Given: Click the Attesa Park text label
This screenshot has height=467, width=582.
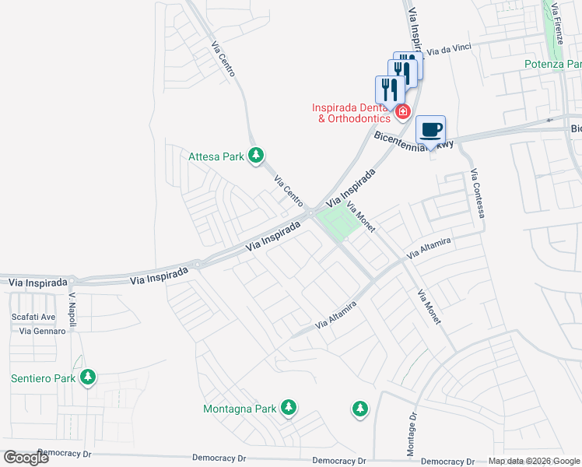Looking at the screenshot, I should [216, 156].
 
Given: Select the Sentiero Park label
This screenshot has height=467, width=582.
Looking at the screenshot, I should [44, 379].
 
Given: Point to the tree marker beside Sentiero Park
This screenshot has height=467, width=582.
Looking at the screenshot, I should [89, 377].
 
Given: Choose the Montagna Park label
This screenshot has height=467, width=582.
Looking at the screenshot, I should [240, 409].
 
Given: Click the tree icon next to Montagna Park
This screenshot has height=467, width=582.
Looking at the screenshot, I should [289, 407].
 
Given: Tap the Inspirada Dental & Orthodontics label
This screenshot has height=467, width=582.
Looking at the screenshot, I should [351, 113].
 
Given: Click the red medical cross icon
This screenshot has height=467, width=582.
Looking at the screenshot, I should [402, 112].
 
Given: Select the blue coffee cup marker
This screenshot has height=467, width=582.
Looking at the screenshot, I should [430, 130].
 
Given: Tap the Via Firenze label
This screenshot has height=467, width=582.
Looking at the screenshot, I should [556, 23].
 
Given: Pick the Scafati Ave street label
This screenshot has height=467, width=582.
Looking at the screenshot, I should [33, 318].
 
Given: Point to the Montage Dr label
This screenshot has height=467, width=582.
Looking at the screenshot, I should [412, 427].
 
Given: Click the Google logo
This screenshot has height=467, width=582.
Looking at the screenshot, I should [26, 458].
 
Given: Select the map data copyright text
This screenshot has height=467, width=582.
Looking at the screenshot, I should [534, 461].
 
